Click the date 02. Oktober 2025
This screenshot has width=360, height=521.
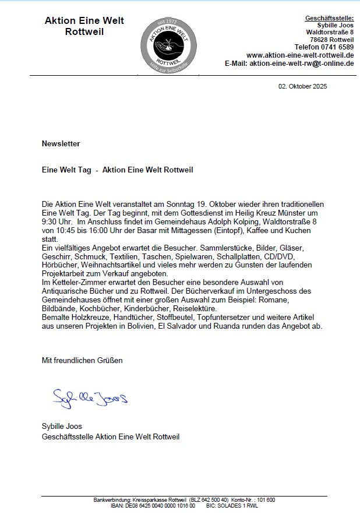coord(302,86)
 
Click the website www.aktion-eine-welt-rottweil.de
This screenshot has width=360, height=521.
coord(300,55)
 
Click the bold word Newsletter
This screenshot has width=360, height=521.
coord(61,143)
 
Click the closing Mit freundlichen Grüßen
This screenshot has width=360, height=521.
coord(82,360)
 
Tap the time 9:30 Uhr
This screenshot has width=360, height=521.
coord(57,222)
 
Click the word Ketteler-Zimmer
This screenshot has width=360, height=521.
coord(77,283)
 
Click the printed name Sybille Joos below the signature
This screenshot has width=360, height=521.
coord(62,427)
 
